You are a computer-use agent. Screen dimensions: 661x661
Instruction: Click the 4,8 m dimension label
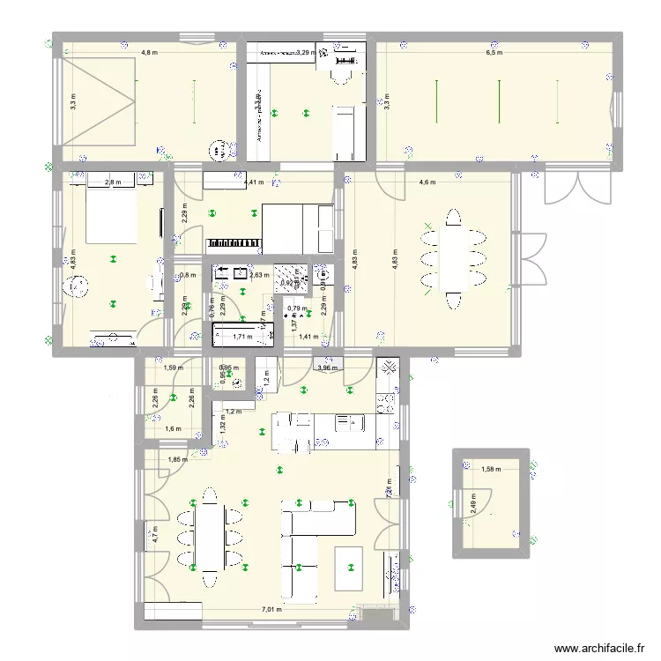click(150, 52)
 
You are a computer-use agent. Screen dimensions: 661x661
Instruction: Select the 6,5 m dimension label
click(494, 52)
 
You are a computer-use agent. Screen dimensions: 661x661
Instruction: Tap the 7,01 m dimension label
click(271, 609)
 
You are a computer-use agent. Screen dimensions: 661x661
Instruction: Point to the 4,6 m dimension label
click(427, 182)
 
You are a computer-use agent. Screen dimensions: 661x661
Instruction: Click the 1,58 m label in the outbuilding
click(491, 469)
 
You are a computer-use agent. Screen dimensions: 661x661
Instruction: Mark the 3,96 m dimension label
click(328, 368)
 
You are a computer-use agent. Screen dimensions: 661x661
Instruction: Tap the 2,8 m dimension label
click(113, 182)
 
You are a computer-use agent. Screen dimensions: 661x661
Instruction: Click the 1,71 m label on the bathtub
click(242, 337)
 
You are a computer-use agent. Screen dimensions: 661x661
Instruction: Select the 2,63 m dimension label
click(259, 275)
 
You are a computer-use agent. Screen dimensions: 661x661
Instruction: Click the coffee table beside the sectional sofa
click(349, 568)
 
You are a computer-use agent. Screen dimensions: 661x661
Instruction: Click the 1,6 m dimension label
click(173, 429)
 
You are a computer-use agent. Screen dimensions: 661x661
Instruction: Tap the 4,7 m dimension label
click(154, 533)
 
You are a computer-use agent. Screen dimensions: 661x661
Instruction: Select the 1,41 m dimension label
click(308, 337)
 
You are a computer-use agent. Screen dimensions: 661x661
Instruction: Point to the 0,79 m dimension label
click(297, 308)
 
